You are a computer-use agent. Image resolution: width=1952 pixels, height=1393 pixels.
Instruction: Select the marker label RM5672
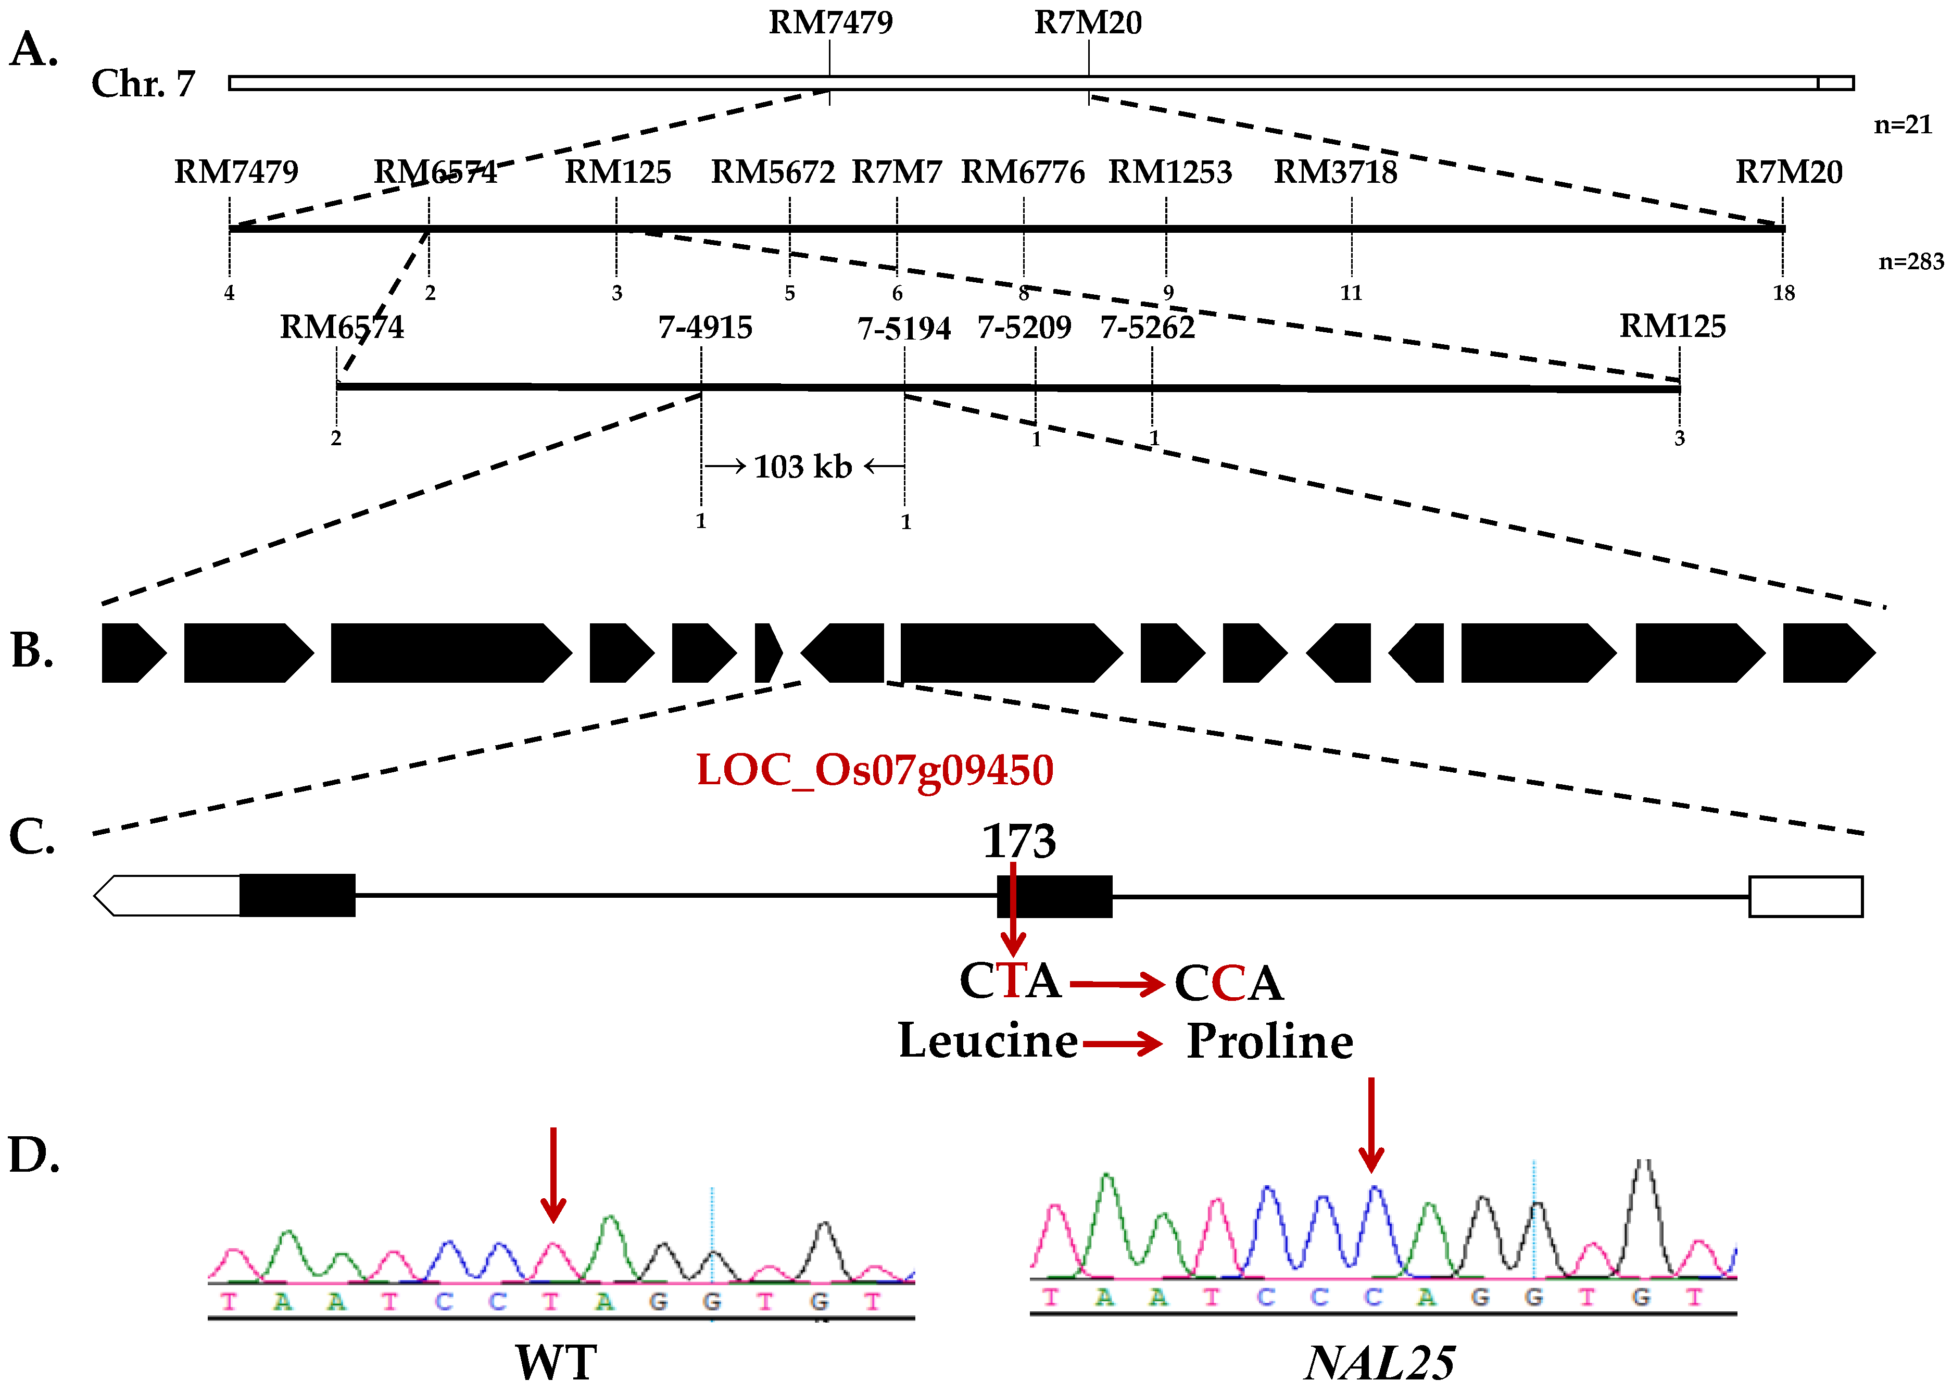(x=773, y=172)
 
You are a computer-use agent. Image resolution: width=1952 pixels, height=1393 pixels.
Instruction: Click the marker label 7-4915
(x=705, y=327)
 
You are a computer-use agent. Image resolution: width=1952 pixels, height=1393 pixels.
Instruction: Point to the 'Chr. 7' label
(x=143, y=83)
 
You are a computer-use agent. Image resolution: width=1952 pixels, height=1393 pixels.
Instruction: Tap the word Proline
(x=1269, y=1041)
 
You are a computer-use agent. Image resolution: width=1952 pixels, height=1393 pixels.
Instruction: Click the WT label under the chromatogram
(x=556, y=1362)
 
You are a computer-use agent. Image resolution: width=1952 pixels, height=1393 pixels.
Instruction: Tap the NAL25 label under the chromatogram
(x=1379, y=1362)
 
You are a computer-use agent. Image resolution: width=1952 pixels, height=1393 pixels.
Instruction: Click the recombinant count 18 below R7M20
(x=1784, y=293)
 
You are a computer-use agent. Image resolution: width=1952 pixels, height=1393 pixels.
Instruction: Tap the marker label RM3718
(x=1336, y=172)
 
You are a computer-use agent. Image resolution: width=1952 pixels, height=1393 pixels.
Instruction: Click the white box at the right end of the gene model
(x=1805, y=896)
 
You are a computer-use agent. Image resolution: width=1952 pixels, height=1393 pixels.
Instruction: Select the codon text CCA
(x=1228, y=983)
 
